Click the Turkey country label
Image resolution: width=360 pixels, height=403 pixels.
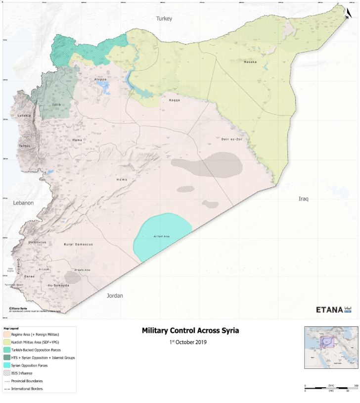(x=164, y=18)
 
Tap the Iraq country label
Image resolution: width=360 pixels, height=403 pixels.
(x=303, y=199)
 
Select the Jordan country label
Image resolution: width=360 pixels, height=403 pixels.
(x=115, y=296)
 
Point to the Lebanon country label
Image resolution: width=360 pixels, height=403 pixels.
(x=23, y=203)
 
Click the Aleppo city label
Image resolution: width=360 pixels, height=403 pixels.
(x=100, y=79)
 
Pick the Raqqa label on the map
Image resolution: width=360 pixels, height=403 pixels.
(x=175, y=100)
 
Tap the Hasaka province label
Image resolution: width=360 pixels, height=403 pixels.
(x=250, y=62)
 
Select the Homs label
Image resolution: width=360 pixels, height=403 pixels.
(x=122, y=179)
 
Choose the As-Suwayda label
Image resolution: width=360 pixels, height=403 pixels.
(x=58, y=286)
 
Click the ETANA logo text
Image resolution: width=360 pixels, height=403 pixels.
(x=329, y=310)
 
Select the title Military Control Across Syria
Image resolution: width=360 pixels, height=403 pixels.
(x=187, y=330)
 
